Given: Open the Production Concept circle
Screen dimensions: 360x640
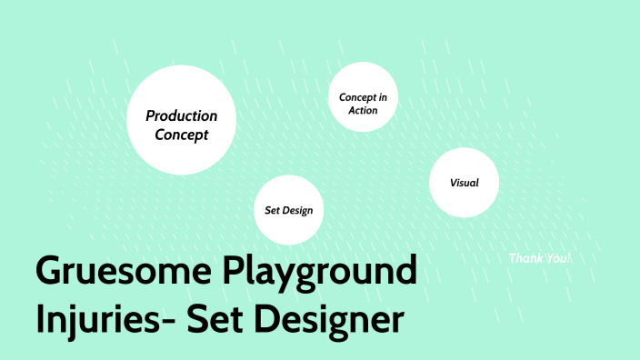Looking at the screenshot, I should click(182, 119).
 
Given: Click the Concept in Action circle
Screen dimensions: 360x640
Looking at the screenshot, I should click(363, 97).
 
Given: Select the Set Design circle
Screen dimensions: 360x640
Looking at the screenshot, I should click(288, 209).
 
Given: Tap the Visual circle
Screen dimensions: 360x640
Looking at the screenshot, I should click(464, 183).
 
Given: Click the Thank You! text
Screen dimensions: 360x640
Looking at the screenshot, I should click(540, 258).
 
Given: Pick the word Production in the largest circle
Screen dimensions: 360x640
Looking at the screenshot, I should click(182, 116).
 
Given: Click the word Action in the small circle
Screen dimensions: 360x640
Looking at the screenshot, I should click(363, 110).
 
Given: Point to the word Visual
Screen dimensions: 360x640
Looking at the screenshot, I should click(464, 183).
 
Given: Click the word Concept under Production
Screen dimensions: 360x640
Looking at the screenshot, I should click(182, 135).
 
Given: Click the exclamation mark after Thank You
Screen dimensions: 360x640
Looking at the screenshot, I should click(569, 258).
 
